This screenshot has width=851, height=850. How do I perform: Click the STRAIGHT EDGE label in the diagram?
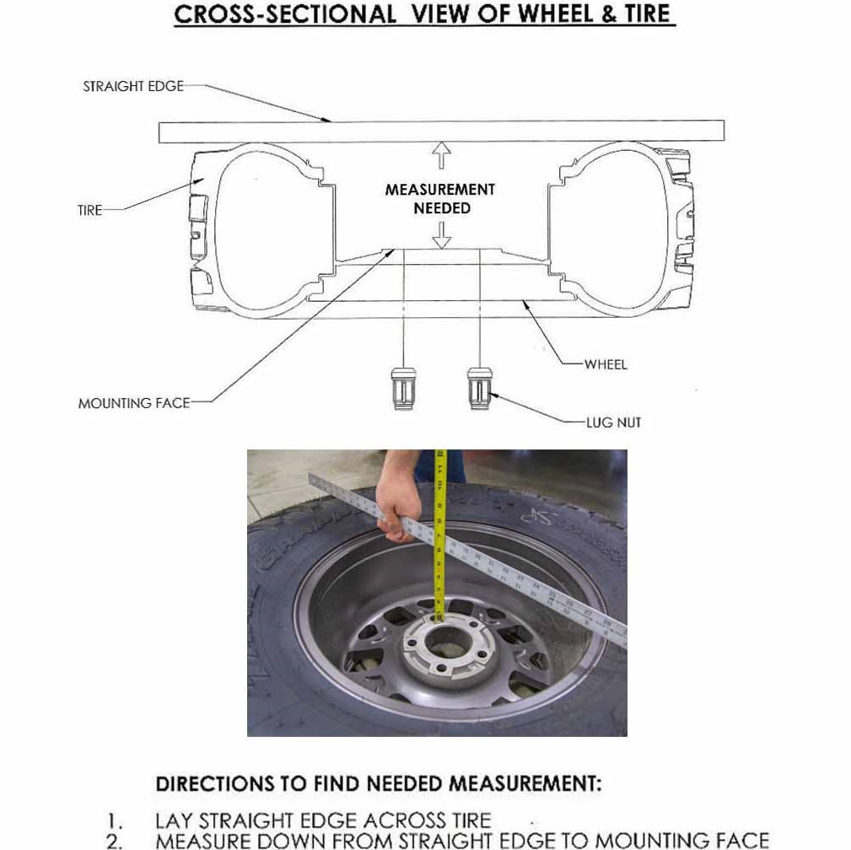point(132,86)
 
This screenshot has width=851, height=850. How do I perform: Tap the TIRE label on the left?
point(89,211)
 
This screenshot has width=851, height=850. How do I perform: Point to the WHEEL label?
point(606,364)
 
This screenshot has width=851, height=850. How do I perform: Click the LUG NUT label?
point(613,422)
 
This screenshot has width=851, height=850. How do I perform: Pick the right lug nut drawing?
point(480,387)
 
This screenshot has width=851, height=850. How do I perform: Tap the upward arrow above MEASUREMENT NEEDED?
point(441,156)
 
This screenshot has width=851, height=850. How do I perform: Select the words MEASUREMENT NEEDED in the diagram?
point(440,199)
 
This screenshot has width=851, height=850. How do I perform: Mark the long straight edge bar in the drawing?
point(441,132)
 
